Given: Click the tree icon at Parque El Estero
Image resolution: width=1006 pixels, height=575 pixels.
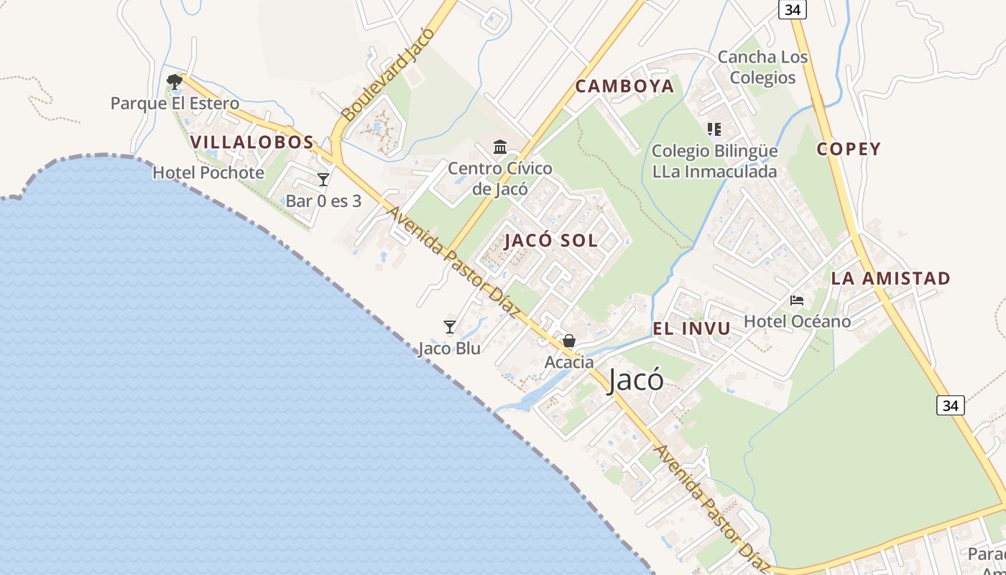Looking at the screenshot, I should coord(174,81).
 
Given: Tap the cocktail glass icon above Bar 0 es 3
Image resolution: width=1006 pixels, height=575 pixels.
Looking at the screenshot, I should coord(323,179).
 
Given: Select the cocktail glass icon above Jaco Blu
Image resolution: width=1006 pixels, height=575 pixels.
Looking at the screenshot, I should coord(450,327).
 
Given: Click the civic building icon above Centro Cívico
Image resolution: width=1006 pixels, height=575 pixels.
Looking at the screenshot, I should coord(500,147).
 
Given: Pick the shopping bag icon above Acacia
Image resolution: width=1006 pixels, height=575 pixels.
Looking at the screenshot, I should coord(569,341).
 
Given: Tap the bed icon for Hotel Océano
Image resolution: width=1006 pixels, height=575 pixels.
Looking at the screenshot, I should coord(797,300).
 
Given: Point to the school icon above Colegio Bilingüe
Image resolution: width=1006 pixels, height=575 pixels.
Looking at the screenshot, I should coord(714,129).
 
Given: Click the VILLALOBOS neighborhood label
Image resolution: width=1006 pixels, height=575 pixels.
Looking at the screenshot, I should coord(252,142).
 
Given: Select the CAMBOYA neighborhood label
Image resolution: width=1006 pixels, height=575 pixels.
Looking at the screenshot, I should coord(625,86).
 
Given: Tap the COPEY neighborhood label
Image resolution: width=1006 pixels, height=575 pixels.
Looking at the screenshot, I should coord(849,149).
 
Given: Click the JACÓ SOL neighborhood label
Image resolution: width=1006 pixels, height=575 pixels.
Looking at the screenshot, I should coord(551,240).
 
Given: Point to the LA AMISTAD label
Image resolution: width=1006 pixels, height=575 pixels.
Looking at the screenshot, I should coord(891,278).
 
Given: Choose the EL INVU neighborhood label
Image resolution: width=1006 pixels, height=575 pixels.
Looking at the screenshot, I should coord(691,328).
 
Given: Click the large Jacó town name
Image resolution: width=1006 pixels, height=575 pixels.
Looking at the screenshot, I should coord(635,380).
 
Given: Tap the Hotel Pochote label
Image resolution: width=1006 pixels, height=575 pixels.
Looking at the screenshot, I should coord(208,172).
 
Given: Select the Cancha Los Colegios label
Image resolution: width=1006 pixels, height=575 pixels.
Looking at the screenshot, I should coord(762,67).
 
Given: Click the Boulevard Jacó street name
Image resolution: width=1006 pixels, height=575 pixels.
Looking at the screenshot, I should coord(388,75).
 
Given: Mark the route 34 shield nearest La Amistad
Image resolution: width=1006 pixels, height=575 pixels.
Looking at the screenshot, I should coord(951,405).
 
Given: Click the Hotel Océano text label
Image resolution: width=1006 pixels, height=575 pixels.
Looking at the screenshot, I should coord(797,321).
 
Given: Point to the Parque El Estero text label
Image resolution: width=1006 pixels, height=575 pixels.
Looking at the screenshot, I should coord(175,103).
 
